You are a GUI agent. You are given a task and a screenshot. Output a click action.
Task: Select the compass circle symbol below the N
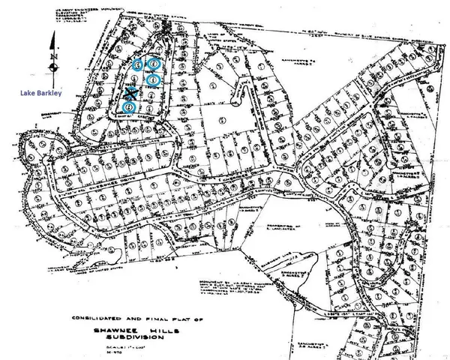pos(55,67)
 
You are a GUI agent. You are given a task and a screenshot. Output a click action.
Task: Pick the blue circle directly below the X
pos(130,107)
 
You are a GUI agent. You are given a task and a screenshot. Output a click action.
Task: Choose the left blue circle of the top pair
pos(138,65)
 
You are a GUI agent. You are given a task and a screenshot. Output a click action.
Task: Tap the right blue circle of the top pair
pos(154,65)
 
